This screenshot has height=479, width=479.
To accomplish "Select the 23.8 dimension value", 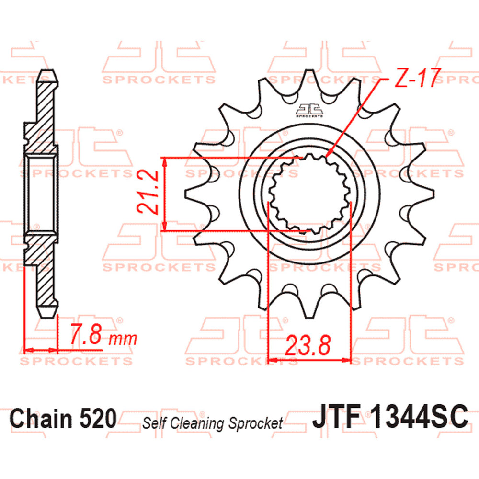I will (x=308, y=345).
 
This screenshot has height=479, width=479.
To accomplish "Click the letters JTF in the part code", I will (x=336, y=417).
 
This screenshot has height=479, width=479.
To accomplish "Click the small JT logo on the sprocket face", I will (x=309, y=111).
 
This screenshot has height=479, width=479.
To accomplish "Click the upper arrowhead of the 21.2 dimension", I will (x=165, y=161).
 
